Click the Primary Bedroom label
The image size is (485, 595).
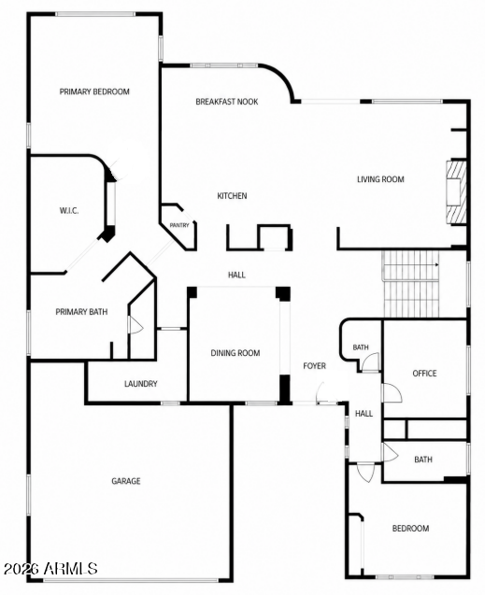94,92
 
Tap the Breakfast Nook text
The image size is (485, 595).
227,102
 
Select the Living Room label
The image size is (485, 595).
380,179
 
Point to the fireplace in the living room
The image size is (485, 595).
456,191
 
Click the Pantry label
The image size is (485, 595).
179,225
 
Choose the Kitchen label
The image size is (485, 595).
232,196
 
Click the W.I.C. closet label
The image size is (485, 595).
69,211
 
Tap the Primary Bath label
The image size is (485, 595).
81,312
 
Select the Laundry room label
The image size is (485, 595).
141,384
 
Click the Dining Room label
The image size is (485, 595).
235,353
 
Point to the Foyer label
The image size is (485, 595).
315,366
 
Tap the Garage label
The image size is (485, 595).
126,481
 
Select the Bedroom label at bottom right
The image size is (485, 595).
410,529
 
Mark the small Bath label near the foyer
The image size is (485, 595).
361,347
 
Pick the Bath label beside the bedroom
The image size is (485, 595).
423,460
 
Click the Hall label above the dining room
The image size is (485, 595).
236,275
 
